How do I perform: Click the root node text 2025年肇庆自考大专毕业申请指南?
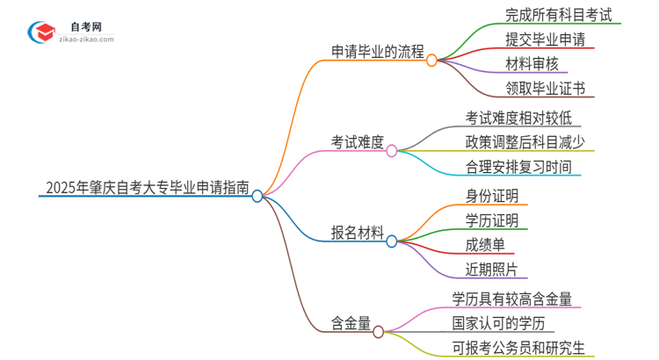pyautogui.click(x=146, y=187)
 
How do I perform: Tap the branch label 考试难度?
pyautogui.click(x=358, y=141)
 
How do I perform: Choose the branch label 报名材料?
pyautogui.click(x=358, y=233)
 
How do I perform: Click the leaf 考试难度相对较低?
pyautogui.click(x=524, y=118)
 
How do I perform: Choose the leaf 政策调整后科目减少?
pyautogui.click(x=525, y=141)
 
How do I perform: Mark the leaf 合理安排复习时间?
pyautogui.click(x=518, y=167)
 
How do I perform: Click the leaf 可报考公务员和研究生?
pyautogui.click(x=518, y=347)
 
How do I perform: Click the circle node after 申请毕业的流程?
pyautogui.click(x=431, y=61)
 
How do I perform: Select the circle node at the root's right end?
pyautogui.click(x=257, y=196)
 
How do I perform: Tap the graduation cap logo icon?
pyautogui.click(x=41, y=29)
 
